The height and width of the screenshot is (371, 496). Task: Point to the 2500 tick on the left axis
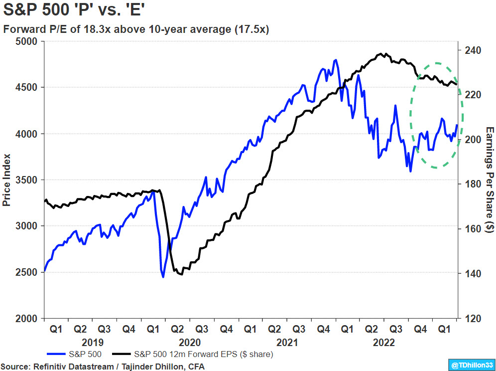(29, 272)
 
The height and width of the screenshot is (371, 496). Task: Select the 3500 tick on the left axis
(29, 180)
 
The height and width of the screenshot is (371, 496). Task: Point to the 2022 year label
(383, 343)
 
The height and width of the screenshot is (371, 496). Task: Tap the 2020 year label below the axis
(189, 343)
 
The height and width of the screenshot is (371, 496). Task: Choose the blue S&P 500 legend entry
(75, 354)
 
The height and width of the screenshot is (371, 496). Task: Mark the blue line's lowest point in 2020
(163, 277)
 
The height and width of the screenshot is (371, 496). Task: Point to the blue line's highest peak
(336, 60)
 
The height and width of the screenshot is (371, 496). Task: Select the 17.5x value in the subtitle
(252, 29)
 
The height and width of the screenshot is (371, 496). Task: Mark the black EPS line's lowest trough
(181, 274)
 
